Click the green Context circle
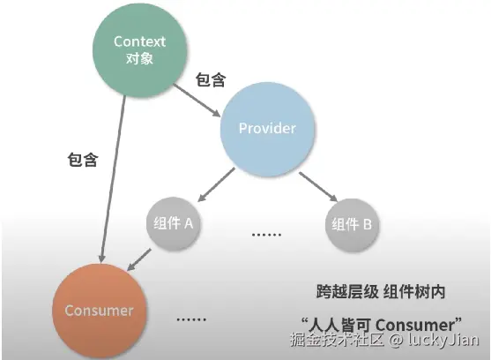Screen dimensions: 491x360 139,50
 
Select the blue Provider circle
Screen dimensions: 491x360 267,129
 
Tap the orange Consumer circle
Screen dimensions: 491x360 100,311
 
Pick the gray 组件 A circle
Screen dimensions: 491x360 173,224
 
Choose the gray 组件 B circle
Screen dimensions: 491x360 352,225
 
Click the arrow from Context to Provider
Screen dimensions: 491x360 197,101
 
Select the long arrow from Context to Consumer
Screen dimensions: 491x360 113,179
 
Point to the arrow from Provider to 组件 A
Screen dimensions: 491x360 216,184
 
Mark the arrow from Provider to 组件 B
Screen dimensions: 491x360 318,187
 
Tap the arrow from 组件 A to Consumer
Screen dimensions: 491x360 139,259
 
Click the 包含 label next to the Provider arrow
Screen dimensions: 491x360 211,79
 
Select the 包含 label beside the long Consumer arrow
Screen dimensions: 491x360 83,160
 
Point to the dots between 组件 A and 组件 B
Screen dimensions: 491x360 266,235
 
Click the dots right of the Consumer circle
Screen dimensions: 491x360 191,319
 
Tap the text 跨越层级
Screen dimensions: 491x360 347,292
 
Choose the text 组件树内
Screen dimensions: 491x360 414,292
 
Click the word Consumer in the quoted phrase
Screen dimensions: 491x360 415,325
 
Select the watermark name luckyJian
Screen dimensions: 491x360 443,340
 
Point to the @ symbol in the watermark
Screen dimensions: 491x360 396,340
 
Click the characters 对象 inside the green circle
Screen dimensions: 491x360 139,58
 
